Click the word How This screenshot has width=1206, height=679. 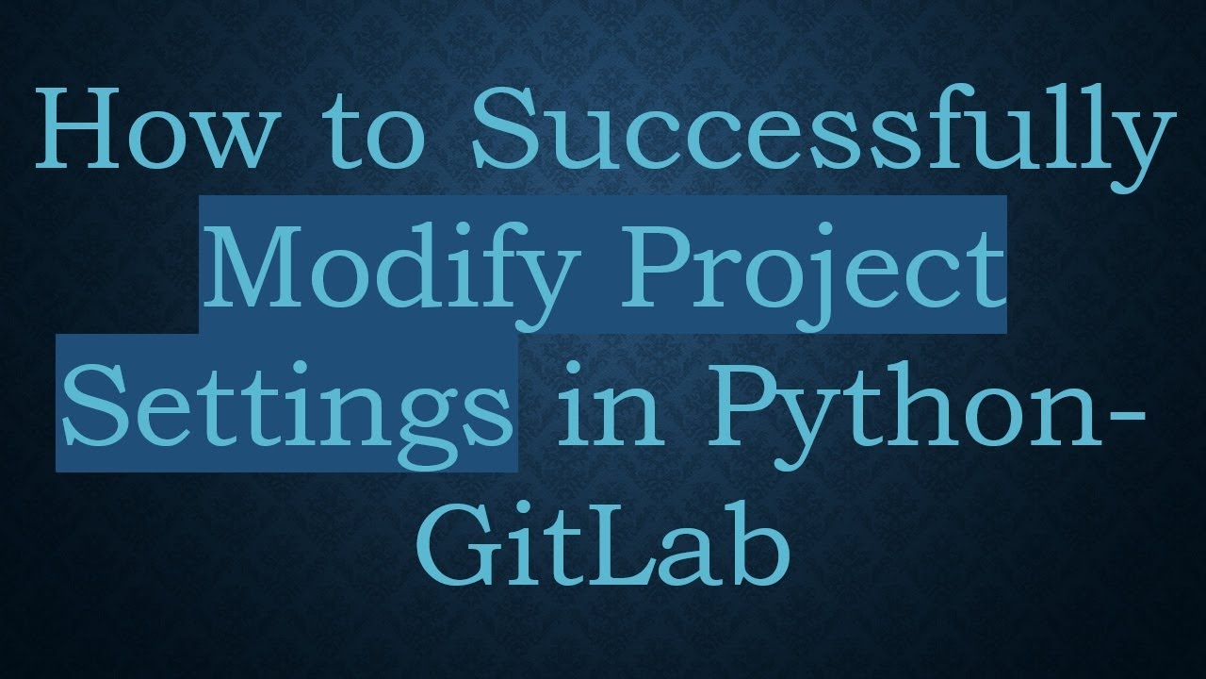tap(151, 132)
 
